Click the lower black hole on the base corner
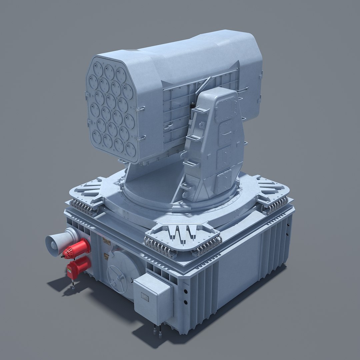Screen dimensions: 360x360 (x=185, y=302)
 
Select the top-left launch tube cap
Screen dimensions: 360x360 (x=98, y=69)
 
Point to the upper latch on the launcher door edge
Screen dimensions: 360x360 (x=141, y=109)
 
